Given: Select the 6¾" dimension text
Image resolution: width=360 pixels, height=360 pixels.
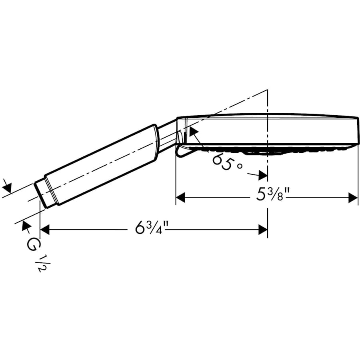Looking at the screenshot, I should pyautogui.click(x=151, y=229).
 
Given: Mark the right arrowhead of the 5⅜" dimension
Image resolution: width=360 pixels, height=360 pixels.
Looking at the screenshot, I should pyautogui.click(x=353, y=198).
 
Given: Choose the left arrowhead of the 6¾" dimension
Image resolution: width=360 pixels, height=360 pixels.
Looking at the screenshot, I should pyautogui.click(x=44, y=230).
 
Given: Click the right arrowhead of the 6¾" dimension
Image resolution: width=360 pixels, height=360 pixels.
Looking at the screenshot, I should pyautogui.click(x=263, y=230).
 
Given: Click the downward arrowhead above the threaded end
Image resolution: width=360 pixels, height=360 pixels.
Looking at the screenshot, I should pyautogui.click(x=7, y=187).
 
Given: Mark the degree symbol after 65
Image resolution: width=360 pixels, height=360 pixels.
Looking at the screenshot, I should pyautogui.click(x=240, y=166).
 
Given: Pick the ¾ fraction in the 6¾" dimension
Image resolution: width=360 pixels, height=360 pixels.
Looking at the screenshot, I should pyautogui.click(x=157, y=229).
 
